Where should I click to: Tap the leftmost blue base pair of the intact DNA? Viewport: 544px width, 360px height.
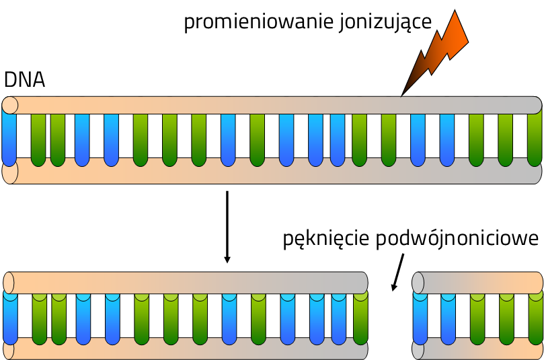(9, 138)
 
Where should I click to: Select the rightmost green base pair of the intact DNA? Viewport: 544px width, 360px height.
(534, 138)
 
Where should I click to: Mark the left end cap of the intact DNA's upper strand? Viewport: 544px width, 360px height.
(10, 105)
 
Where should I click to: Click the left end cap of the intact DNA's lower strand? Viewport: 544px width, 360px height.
(10, 173)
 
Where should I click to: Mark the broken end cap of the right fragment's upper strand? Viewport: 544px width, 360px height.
(418, 282)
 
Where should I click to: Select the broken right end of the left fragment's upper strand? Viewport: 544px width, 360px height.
(363, 282)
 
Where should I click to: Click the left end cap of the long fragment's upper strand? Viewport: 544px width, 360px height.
(9, 281)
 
